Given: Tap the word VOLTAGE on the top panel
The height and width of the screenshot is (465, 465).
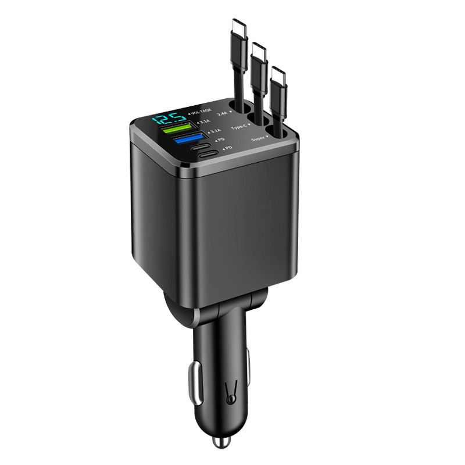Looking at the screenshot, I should tap(201, 110).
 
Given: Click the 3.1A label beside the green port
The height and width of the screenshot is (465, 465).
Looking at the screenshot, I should tap(204, 122).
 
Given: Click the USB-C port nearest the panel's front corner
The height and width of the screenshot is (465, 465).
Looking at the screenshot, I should tap(209, 155).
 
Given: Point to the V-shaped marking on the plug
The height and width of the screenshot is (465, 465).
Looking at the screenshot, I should tap(231, 392).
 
